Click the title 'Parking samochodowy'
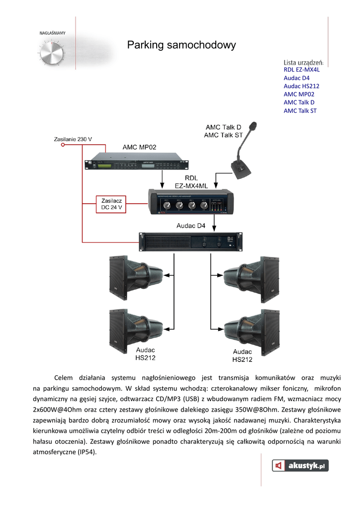coord(181,46)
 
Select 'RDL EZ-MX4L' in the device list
coord(301,70)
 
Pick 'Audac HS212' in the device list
coord(301,86)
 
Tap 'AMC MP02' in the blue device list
coord(299,94)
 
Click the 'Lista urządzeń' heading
coord(303,62)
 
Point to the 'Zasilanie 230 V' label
coord(73,139)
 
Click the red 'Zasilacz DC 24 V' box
coord(112,204)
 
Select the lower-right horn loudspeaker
coord(251,331)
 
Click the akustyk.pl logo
coord(300,466)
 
